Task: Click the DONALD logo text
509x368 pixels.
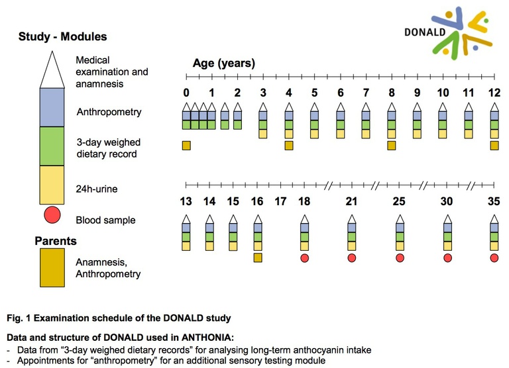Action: (x=425, y=32)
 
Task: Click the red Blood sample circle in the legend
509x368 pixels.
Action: (x=52, y=214)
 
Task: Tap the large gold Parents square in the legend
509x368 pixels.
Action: (x=52, y=268)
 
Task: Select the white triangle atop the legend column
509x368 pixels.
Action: (x=52, y=69)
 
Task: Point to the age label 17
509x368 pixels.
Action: (x=280, y=201)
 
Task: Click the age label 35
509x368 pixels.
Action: (x=494, y=201)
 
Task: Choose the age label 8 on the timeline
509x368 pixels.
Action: (x=392, y=93)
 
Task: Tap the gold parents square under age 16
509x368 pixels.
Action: (x=258, y=257)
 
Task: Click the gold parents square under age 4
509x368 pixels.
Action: (x=289, y=146)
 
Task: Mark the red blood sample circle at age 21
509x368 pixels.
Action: (x=351, y=258)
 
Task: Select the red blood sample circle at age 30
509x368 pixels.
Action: (x=447, y=258)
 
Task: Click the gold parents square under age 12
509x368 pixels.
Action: (x=494, y=146)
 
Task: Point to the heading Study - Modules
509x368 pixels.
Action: (x=63, y=36)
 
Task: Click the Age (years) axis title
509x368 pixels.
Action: (x=224, y=64)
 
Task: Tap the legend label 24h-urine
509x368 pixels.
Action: (x=97, y=189)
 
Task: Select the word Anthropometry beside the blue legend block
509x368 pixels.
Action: (x=109, y=112)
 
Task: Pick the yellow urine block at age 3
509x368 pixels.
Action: (x=263, y=134)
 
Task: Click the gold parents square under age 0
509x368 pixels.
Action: (x=186, y=146)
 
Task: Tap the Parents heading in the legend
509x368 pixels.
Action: (x=56, y=241)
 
